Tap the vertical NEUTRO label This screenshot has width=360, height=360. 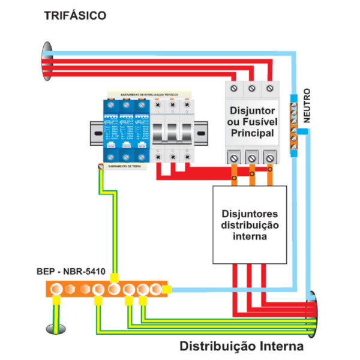click(307, 106)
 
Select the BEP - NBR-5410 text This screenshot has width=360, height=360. click(71, 272)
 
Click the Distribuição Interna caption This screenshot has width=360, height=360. click(242, 347)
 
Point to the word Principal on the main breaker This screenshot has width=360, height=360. click(252, 133)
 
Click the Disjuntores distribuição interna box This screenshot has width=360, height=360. click(250, 225)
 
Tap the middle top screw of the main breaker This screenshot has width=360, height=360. click(252, 89)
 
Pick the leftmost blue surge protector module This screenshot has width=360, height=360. click(110, 129)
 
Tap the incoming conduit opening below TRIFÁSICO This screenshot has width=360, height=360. click(46, 60)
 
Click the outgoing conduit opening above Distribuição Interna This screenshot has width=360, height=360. click(313, 312)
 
